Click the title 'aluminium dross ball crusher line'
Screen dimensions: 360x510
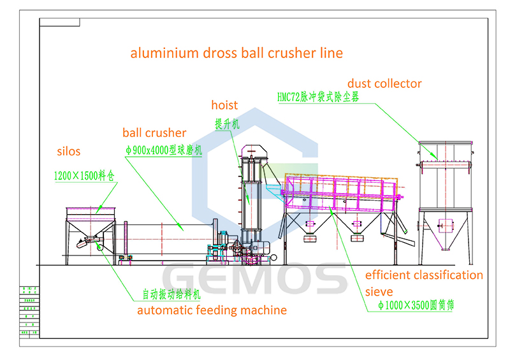[x=237, y=53]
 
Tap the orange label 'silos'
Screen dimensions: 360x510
[x=69, y=152]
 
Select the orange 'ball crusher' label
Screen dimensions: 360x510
[x=154, y=133]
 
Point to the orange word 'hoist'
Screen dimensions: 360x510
[x=224, y=105]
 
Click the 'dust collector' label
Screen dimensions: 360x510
[x=384, y=83]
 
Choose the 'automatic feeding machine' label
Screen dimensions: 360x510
[x=212, y=310]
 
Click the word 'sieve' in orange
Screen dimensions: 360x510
[x=379, y=292]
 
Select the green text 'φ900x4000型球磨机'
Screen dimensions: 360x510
[x=163, y=150]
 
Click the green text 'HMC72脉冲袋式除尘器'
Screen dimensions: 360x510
[x=318, y=97]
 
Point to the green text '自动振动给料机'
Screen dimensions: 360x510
[x=171, y=296]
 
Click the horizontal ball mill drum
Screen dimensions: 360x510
[x=163, y=239]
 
